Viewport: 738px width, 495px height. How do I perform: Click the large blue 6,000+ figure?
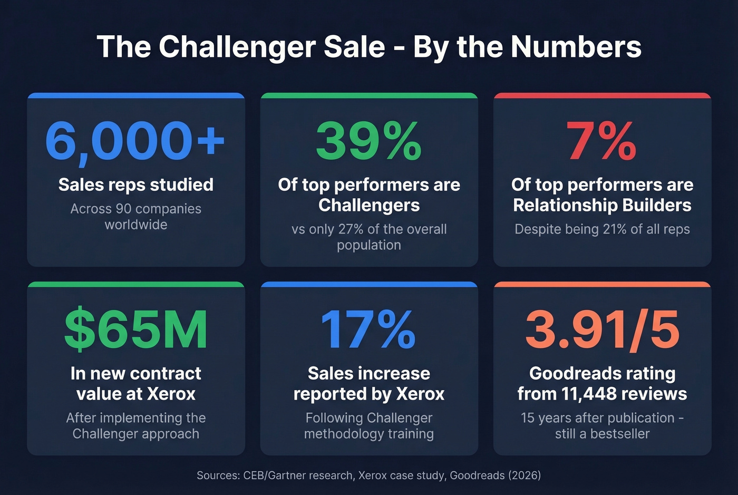click(135, 140)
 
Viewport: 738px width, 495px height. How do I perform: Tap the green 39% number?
click(368, 140)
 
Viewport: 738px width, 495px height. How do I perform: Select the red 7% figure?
click(601, 140)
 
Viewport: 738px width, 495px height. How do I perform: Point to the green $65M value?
click(135, 329)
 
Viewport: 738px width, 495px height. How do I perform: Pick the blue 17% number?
click(368, 329)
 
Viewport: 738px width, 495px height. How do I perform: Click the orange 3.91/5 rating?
click(602, 329)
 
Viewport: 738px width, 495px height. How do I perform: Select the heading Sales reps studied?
click(135, 185)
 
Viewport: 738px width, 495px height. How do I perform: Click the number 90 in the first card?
click(123, 209)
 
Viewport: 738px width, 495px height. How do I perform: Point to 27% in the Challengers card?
click(353, 229)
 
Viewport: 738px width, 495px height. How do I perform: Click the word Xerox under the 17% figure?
click(420, 394)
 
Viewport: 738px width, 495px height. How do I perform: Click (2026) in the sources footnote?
click(525, 475)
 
